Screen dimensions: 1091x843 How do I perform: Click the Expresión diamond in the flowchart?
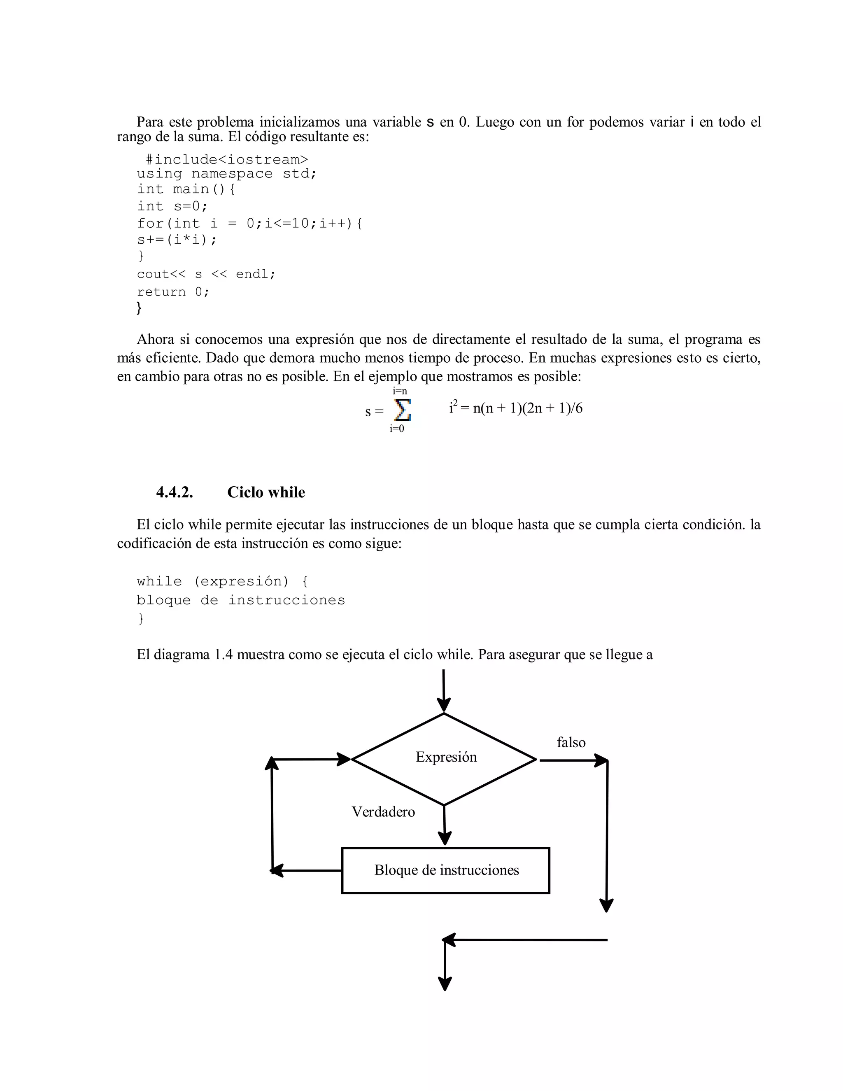coord(444,758)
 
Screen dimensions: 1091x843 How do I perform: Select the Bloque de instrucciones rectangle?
coord(445,870)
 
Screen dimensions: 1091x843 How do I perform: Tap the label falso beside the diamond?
coord(571,742)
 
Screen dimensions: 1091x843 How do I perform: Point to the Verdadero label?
coord(383,812)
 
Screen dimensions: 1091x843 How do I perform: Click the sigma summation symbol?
coord(402,410)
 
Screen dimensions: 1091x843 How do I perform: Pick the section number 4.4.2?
coord(174,492)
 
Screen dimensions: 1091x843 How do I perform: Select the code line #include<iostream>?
coord(227,159)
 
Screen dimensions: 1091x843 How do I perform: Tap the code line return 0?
coord(173,292)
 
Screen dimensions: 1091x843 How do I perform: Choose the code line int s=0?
coord(172,206)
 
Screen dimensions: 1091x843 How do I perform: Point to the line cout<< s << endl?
coord(206,274)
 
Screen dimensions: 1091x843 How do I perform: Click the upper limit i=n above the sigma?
coord(400,391)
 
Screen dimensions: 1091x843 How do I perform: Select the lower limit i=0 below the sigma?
coord(397,429)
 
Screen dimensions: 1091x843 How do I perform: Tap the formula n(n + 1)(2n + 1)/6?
coord(527,409)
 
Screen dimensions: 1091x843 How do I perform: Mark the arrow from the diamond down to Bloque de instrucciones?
coord(444,825)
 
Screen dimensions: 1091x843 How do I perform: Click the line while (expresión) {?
coord(222,581)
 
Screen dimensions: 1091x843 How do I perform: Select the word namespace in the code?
coord(232,174)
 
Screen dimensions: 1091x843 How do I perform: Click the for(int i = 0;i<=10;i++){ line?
coord(250,223)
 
